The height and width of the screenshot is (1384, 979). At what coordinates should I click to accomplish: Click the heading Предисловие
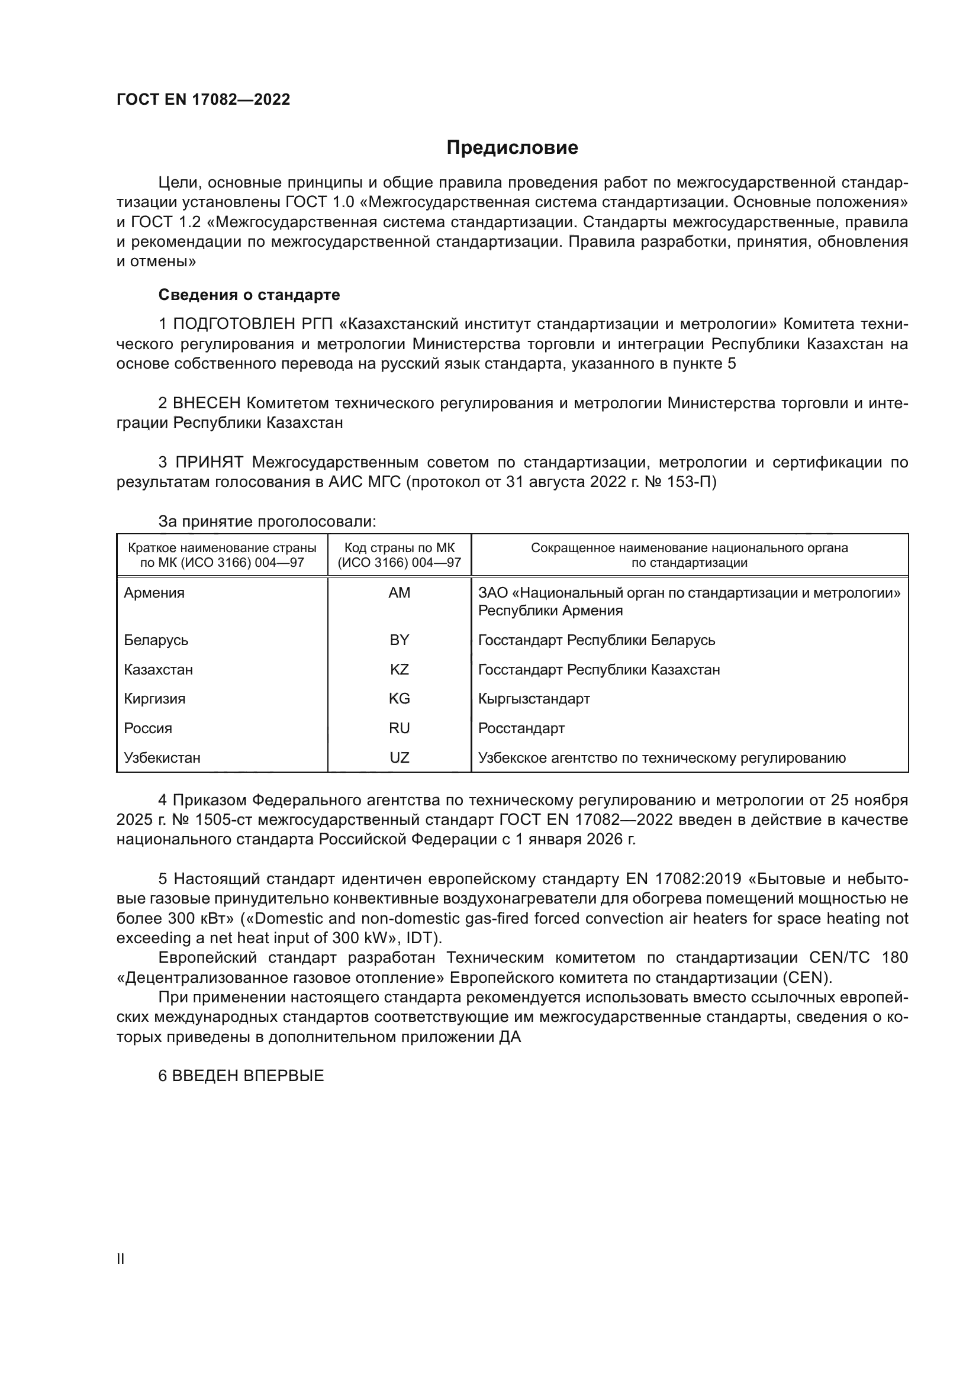tap(512, 148)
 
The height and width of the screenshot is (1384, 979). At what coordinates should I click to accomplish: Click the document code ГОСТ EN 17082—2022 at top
tap(203, 99)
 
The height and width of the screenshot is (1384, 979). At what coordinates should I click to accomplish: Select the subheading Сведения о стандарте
tap(249, 295)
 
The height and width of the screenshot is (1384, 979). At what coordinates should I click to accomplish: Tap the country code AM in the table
tap(399, 593)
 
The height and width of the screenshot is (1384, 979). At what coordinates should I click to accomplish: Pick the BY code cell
tap(399, 640)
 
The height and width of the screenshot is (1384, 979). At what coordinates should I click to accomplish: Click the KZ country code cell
tap(399, 670)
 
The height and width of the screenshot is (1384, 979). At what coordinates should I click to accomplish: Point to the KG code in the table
tap(399, 699)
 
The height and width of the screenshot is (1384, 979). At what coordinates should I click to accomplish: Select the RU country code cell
tap(399, 729)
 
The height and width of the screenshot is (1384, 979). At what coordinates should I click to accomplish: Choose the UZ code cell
tap(399, 759)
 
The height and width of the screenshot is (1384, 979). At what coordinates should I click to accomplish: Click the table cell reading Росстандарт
tap(521, 729)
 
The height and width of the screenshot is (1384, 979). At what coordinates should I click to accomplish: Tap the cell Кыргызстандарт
tap(533, 699)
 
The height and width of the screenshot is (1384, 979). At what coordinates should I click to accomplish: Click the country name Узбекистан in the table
tap(162, 759)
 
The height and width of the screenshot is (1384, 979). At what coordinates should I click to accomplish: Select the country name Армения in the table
tap(154, 593)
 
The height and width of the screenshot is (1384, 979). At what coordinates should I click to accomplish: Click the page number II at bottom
tap(121, 1259)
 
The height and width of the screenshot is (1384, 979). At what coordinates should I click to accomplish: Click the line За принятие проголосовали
tap(267, 522)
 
